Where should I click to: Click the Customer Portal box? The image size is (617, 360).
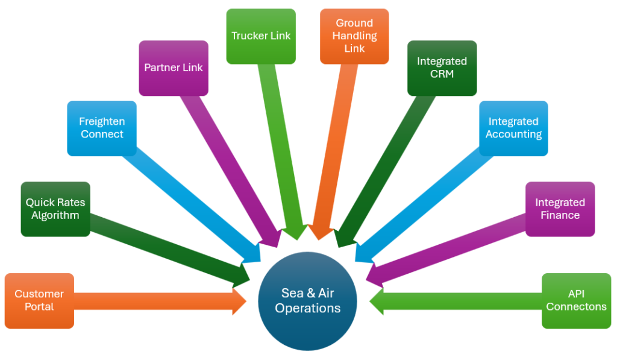(39, 300)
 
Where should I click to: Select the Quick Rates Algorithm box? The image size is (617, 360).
(55, 209)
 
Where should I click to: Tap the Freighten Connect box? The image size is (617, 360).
(102, 128)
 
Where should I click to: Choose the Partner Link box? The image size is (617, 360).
(174, 68)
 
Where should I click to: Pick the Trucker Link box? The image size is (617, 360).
(261, 36)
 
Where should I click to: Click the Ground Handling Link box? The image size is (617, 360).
(354, 36)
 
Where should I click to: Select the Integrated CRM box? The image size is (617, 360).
(442, 68)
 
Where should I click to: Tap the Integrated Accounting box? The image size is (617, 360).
(513, 128)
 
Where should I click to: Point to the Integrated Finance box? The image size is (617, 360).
(560, 209)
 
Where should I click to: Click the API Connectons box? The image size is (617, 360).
(576, 300)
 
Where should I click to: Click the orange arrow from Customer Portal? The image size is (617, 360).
(157, 300)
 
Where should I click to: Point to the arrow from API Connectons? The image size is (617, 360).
(458, 300)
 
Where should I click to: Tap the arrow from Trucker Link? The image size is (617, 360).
(280, 151)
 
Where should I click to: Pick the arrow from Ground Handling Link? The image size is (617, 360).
(334, 151)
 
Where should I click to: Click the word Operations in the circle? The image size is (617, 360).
(308, 308)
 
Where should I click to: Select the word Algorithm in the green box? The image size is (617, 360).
(55, 215)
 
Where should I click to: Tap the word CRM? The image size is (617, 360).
(442, 74)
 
